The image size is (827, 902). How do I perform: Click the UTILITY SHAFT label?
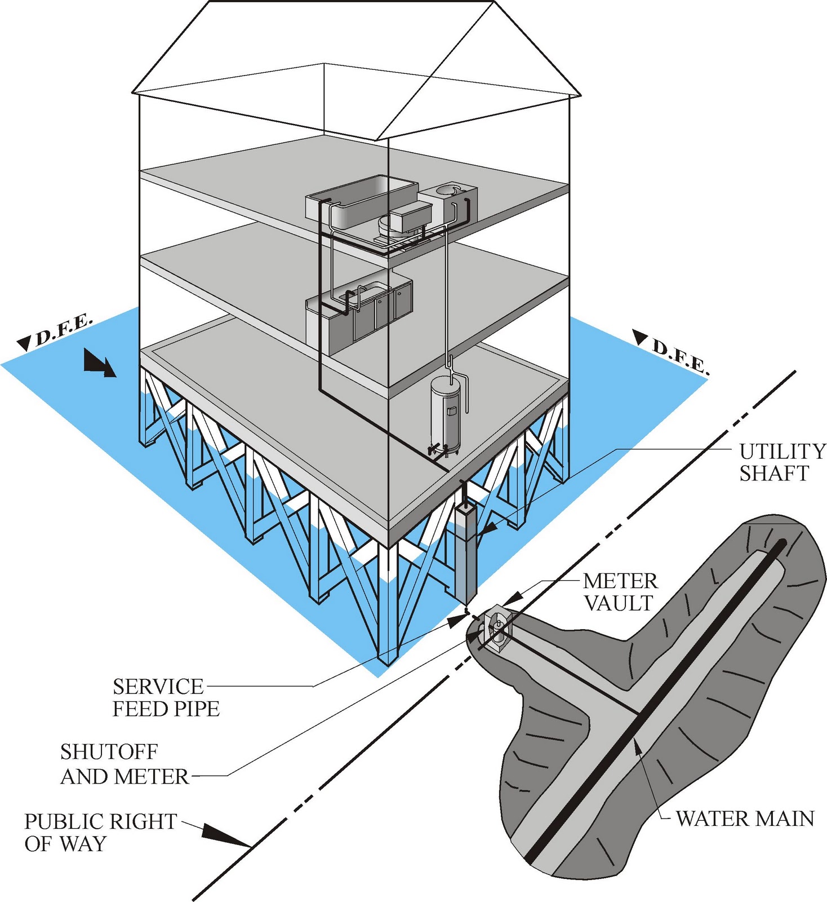(x=781, y=462)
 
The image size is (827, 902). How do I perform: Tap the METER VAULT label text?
(x=620, y=592)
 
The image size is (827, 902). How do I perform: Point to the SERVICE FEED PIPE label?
(x=166, y=697)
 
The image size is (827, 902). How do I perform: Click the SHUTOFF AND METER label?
(x=124, y=764)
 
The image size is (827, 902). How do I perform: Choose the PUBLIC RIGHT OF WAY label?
(x=100, y=832)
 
